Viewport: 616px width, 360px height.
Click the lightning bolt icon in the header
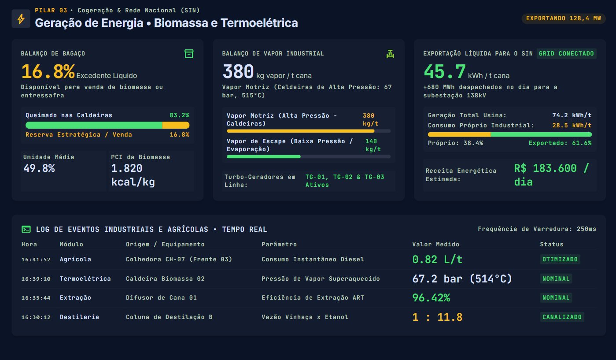(x=21, y=19)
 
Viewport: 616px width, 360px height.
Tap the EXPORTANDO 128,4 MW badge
(x=564, y=19)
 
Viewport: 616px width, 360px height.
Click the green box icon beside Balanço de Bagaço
(x=189, y=54)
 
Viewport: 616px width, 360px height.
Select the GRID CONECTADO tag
(x=566, y=53)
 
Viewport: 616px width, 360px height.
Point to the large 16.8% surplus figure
(x=48, y=71)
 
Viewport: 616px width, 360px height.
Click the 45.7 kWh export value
(x=445, y=71)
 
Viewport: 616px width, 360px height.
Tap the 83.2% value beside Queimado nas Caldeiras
(x=179, y=115)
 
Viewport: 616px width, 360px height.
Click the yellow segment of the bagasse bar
(x=176, y=125)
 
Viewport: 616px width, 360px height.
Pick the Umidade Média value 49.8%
(x=39, y=168)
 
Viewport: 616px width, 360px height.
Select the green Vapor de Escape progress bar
(x=263, y=156)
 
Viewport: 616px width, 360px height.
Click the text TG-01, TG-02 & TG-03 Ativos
(x=345, y=181)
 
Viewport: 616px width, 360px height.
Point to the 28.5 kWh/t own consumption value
(x=572, y=125)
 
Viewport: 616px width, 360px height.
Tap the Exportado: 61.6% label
(x=560, y=143)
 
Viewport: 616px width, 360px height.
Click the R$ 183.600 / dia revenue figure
(x=551, y=175)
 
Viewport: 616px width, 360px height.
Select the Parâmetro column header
(x=279, y=244)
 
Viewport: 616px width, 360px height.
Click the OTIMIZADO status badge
(x=560, y=259)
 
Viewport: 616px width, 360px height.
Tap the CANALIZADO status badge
(x=562, y=317)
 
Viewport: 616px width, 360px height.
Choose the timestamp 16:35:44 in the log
(x=36, y=298)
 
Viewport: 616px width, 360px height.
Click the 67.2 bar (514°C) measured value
(x=462, y=278)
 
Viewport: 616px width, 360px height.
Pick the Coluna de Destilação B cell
(x=169, y=317)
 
